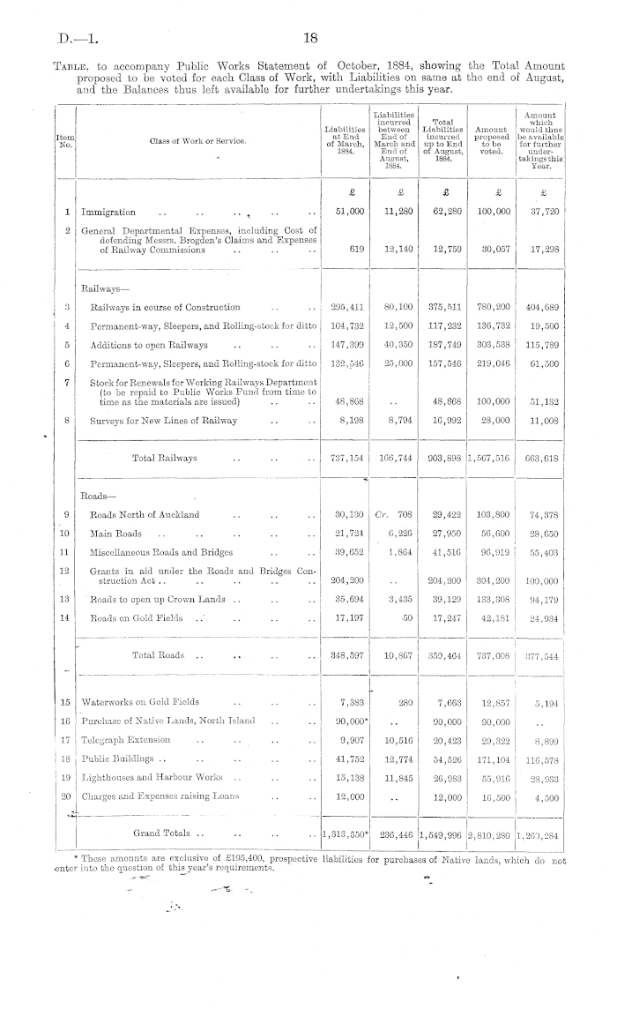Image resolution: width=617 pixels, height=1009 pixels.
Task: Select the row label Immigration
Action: coord(108,213)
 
